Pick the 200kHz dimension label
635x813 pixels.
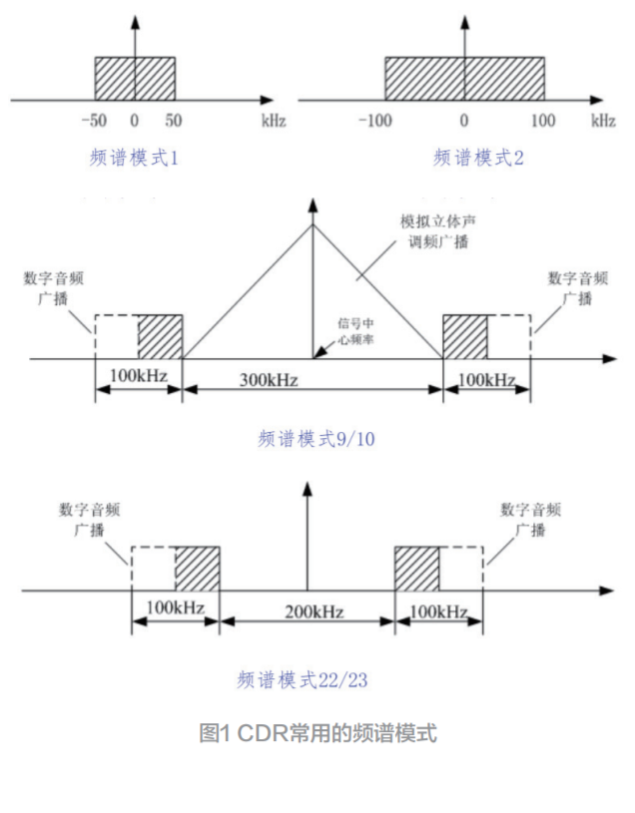point(307,611)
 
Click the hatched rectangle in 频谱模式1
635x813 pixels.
point(135,78)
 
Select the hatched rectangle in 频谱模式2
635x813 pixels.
point(464,78)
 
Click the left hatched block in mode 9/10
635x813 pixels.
point(161,336)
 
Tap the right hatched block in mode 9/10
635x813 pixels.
point(464,336)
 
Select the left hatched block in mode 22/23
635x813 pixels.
point(198,569)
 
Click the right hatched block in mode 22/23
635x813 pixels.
point(416,569)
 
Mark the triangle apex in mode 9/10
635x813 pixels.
point(314,223)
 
